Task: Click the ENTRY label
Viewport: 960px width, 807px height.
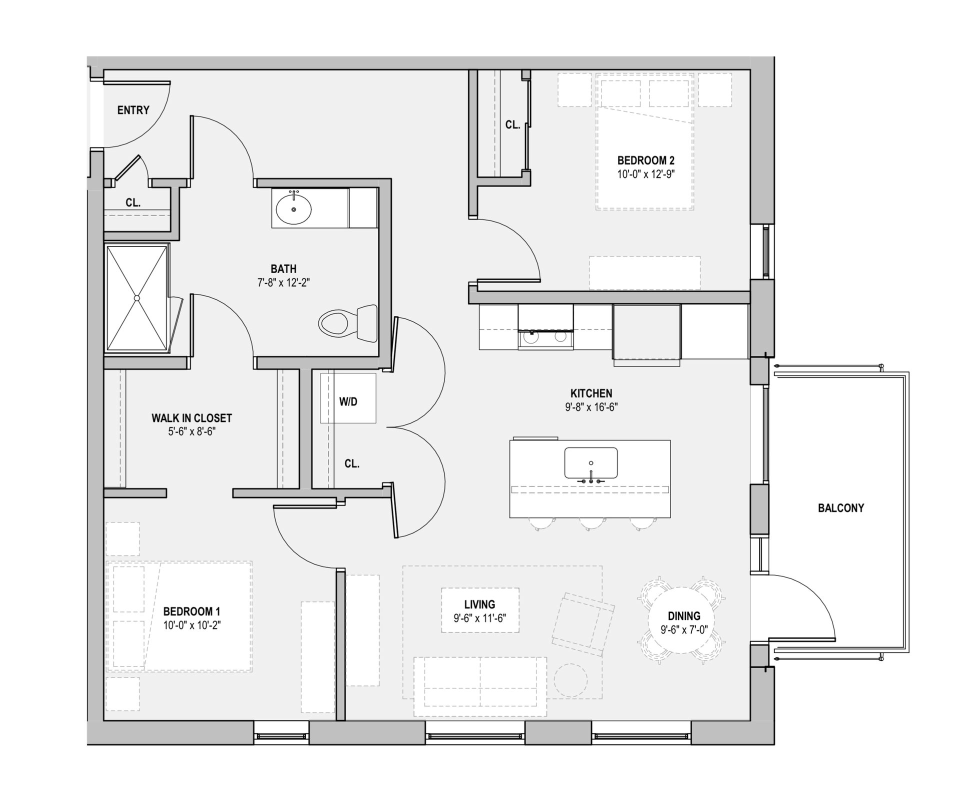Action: (x=133, y=110)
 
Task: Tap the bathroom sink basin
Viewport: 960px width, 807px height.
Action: (x=293, y=209)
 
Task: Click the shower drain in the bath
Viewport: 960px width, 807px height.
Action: (x=136, y=298)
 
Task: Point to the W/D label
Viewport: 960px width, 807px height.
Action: (x=348, y=401)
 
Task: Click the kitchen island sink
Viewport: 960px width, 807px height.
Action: (x=590, y=463)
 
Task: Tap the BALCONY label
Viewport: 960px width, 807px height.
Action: (x=840, y=508)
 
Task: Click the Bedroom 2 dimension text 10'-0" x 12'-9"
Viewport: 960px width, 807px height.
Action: (x=645, y=174)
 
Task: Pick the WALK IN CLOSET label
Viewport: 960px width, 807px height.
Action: (x=191, y=417)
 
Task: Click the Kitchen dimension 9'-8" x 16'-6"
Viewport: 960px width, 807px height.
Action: (x=591, y=407)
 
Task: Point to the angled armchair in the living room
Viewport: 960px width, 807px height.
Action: (x=583, y=624)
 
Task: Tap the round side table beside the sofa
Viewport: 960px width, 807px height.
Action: (x=570, y=680)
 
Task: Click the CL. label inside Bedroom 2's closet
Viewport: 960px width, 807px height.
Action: (x=512, y=124)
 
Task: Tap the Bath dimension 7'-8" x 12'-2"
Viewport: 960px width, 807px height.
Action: (x=283, y=282)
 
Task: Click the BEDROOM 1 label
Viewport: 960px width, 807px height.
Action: (x=191, y=611)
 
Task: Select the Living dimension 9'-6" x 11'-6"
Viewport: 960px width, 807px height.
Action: (x=479, y=618)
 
